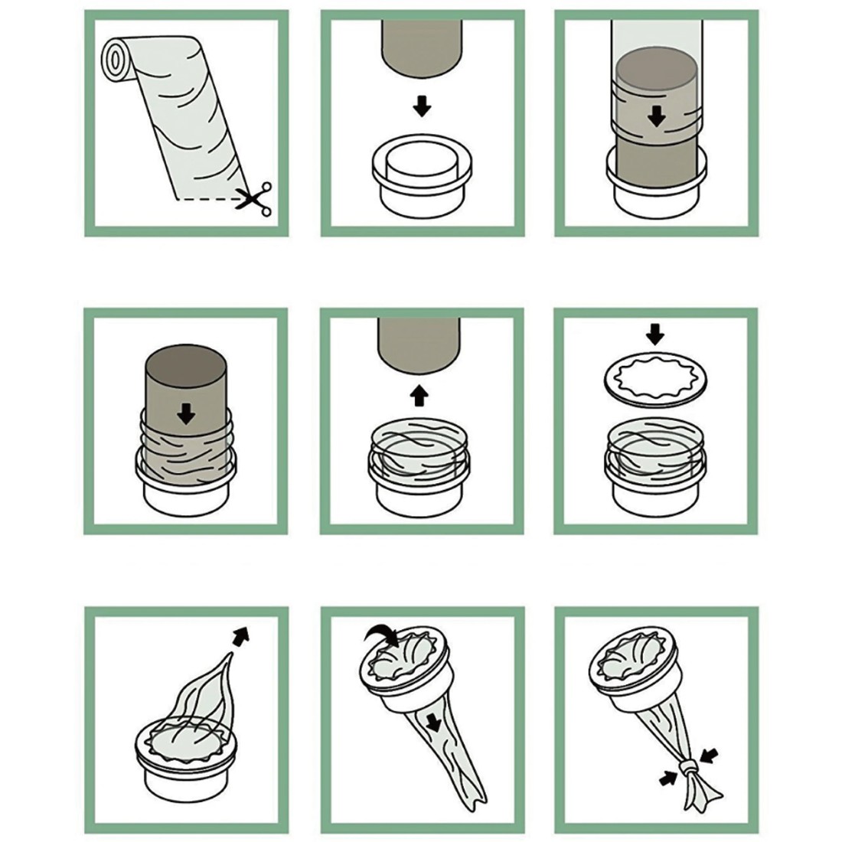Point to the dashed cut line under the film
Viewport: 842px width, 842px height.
(207, 199)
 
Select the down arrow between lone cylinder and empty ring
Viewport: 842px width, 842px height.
(421, 106)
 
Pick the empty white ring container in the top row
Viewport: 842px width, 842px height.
(422, 178)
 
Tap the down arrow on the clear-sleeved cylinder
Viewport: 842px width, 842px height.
(656, 116)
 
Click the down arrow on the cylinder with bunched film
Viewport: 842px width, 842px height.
(186, 414)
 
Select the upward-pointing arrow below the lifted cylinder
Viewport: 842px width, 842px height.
(419, 396)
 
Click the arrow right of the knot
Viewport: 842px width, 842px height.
(711, 756)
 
